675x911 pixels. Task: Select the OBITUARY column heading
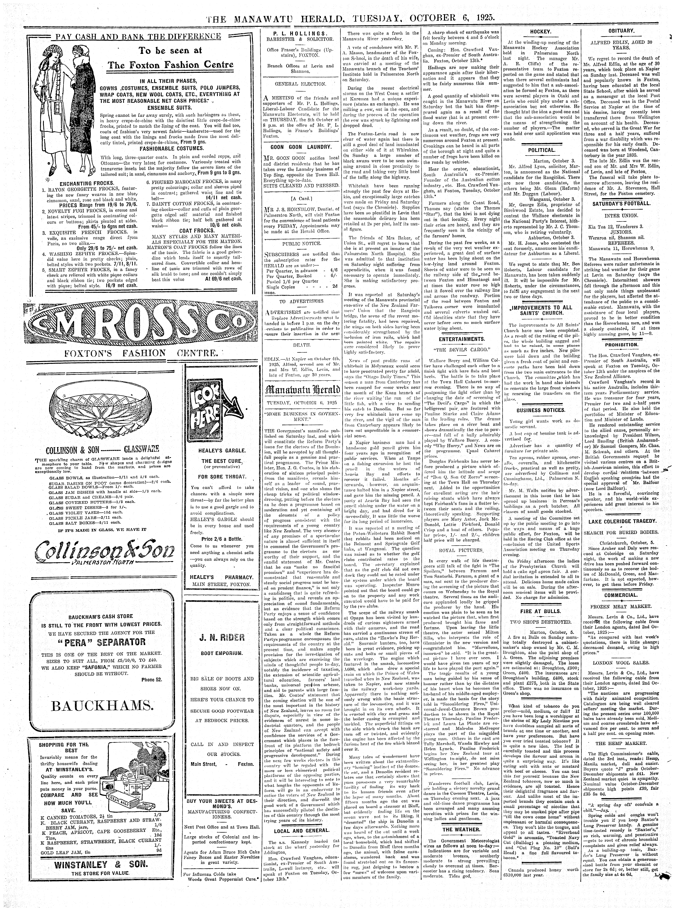(x=621, y=32)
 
